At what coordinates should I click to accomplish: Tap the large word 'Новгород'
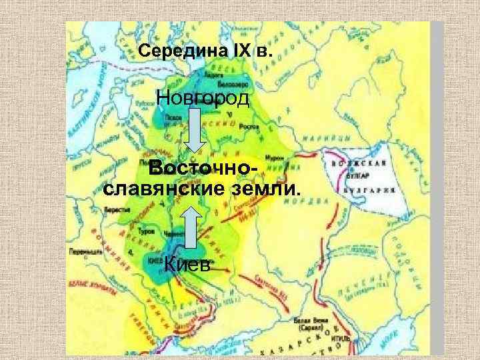(x=202, y=100)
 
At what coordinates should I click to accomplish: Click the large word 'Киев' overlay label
(x=189, y=265)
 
